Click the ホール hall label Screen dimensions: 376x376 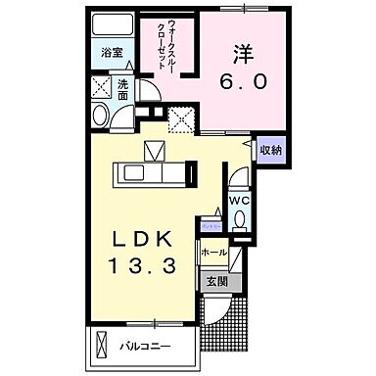click(x=213, y=253)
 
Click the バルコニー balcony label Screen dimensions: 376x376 click(x=147, y=346)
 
